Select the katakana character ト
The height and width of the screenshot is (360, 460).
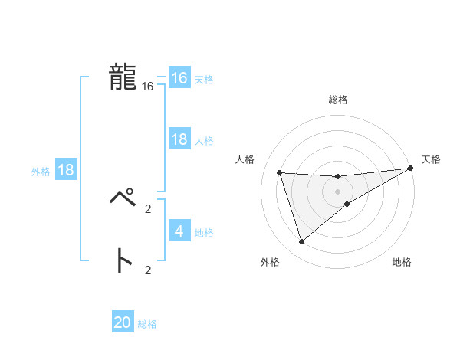point(123,261)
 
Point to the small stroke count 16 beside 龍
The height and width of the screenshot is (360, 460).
point(148,87)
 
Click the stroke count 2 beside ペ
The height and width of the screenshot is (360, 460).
point(148,208)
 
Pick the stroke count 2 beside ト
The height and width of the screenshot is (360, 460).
point(148,270)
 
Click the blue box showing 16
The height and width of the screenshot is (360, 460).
point(179,78)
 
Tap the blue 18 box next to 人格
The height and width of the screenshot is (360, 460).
point(179,139)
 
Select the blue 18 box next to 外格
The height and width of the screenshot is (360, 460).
point(65,170)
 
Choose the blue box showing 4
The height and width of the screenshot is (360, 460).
point(179,231)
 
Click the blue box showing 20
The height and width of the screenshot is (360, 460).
point(123,322)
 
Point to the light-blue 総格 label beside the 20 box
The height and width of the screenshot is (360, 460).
point(147,324)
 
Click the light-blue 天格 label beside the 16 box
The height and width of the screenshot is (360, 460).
point(203,80)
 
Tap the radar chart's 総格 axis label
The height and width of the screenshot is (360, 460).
point(337,100)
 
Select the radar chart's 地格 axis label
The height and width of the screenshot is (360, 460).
point(402,263)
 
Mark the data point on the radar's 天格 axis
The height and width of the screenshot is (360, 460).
point(410,168)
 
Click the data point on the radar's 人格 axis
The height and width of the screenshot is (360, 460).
point(280,172)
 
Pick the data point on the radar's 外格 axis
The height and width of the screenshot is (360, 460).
point(301,242)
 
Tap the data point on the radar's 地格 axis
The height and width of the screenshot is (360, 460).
point(347,204)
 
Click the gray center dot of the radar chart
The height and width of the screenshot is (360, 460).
point(337,191)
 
